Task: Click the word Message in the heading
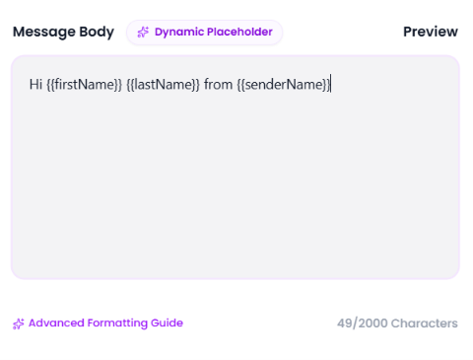(44, 33)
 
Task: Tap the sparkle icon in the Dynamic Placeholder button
(143, 33)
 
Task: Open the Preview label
(431, 32)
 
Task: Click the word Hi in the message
(35, 85)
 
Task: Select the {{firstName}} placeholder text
(85, 85)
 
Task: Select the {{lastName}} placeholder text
(163, 85)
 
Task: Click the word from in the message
(218, 85)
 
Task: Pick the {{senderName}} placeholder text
(283, 85)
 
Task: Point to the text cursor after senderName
(331, 84)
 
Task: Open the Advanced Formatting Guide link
(105, 324)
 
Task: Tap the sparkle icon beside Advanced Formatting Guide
(19, 324)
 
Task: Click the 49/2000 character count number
(363, 324)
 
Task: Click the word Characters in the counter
(425, 324)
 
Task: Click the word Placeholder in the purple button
(239, 32)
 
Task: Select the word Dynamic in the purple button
(179, 33)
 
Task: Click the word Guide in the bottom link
(167, 323)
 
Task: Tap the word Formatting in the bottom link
(117, 324)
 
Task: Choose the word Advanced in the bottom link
(56, 323)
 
